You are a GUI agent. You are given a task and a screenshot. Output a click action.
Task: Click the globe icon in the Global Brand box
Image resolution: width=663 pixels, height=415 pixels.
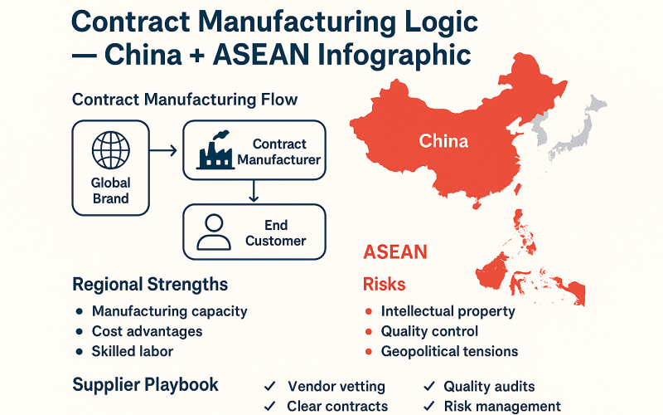111,152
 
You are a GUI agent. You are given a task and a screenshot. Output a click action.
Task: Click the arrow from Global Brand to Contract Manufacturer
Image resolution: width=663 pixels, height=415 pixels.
166,150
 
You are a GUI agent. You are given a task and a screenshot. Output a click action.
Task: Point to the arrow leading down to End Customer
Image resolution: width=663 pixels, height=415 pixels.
254,192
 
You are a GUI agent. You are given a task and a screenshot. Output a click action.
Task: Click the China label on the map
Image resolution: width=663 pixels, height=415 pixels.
443,140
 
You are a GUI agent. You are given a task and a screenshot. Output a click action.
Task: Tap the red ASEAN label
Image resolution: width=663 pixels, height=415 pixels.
395,251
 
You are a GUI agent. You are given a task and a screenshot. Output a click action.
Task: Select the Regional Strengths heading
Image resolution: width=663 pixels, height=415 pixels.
150,285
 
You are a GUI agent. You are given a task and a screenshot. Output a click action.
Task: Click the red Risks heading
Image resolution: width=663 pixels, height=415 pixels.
385,285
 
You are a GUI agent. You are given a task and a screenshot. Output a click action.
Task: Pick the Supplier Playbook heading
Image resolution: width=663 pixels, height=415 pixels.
146,384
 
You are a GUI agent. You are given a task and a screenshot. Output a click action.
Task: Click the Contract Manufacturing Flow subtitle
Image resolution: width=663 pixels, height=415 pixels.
185,100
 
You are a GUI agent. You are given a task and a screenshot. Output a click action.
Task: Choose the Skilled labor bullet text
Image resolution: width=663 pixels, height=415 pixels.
133,351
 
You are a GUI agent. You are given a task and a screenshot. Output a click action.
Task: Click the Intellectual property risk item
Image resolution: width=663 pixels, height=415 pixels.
448,312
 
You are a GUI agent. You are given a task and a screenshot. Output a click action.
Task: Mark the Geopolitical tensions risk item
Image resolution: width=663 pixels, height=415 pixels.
449,351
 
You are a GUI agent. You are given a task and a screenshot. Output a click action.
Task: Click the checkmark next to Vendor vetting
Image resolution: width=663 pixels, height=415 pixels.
269,386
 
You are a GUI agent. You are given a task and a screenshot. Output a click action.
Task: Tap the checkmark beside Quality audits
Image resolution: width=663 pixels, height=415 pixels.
429,386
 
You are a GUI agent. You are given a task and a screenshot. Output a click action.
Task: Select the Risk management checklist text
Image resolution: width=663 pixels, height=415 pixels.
502,406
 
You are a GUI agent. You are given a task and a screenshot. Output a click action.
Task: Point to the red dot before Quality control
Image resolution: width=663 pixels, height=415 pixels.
368,332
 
